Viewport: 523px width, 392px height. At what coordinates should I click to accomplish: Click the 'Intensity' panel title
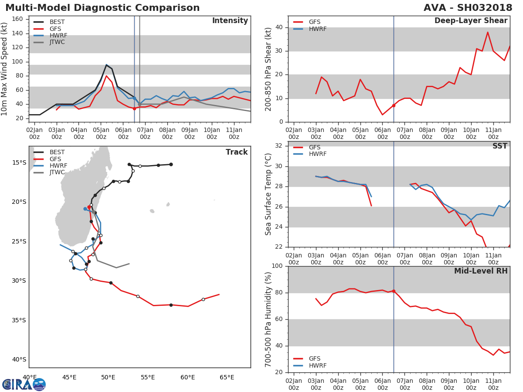click(x=230, y=21)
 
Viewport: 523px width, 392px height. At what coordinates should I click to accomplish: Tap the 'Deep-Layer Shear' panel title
click(x=471, y=21)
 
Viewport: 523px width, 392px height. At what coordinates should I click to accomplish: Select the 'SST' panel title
click(x=499, y=146)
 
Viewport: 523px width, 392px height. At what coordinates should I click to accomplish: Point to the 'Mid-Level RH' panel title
click(x=481, y=271)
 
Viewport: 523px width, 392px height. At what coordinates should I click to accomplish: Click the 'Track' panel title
click(x=237, y=152)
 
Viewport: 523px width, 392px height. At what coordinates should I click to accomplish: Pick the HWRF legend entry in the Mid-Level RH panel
click(x=310, y=365)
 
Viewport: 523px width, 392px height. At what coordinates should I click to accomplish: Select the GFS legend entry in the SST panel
click(x=307, y=147)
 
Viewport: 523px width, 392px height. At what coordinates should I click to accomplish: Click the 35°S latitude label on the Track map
click(x=19, y=321)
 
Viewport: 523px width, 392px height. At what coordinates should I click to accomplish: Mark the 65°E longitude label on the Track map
click(x=227, y=378)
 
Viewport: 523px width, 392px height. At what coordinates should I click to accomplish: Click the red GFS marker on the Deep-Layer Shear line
click(x=394, y=105)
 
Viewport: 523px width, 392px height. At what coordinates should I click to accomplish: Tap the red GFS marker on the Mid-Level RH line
click(x=394, y=291)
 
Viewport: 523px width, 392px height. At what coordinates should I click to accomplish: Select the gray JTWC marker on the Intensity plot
click(x=139, y=105)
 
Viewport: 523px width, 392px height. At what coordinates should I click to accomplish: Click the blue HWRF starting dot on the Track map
click(x=85, y=209)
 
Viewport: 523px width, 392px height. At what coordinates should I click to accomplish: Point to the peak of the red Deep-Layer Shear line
click(x=488, y=32)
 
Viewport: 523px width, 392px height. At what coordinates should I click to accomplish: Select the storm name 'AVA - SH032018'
click(x=468, y=7)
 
